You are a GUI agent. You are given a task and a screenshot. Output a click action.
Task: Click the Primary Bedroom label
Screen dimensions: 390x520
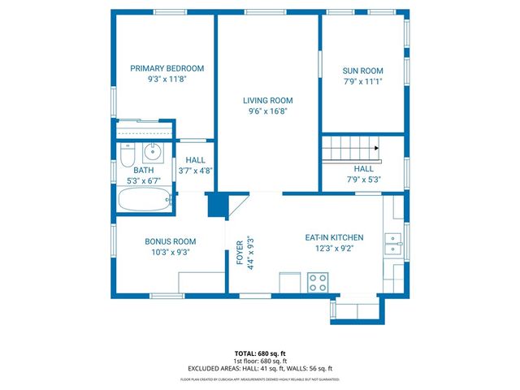coord(167,68)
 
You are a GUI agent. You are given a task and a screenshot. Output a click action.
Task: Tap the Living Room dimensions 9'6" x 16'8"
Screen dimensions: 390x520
coord(268,111)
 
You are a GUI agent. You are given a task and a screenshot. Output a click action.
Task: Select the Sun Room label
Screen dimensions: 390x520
coord(362,70)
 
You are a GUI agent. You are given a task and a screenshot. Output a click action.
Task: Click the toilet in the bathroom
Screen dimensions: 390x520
coord(126,152)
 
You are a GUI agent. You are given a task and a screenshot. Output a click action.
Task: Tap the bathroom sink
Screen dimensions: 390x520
coord(151,151)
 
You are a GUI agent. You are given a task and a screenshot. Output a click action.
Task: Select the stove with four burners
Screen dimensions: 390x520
coord(318,283)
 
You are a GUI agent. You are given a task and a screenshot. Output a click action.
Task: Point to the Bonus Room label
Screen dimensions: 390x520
coord(171,241)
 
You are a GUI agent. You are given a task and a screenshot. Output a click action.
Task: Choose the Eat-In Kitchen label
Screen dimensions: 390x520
coord(334,237)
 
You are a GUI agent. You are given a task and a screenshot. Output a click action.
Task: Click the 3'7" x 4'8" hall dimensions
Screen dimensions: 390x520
coord(195,171)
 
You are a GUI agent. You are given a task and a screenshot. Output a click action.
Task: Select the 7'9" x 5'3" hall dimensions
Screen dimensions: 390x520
coord(363,180)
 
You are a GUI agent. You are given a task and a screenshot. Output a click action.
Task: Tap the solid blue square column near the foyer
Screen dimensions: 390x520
coord(216,205)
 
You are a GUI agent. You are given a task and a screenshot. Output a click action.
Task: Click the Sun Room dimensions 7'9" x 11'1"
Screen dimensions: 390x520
coord(362,81)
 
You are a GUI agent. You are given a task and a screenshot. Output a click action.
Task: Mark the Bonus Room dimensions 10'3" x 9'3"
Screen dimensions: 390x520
coord(171,253)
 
